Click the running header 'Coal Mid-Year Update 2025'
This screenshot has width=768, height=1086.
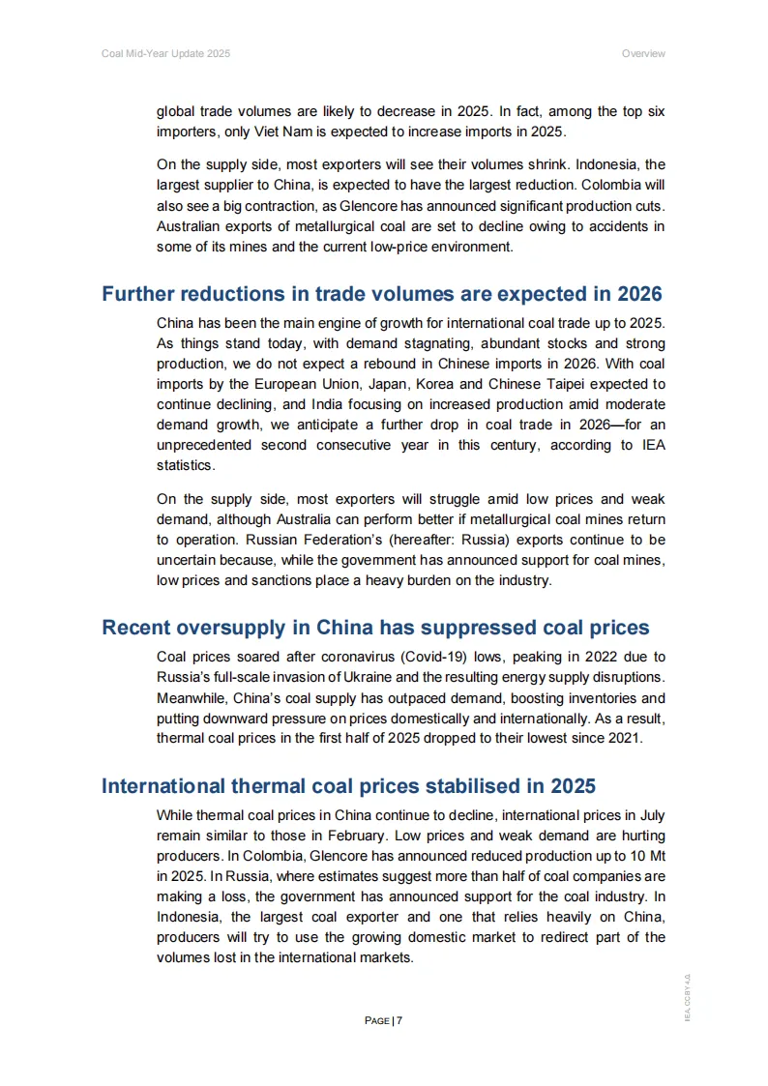tap(165, 53)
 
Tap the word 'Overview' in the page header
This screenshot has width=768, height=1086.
tap(643, 53)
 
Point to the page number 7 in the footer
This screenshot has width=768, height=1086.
tap(399, 1020)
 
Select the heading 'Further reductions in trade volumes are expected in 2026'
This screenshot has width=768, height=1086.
tap(382, 294)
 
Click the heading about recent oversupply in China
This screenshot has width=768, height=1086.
tap(375, 628)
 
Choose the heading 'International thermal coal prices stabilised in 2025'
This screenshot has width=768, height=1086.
tap(348, 785)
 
